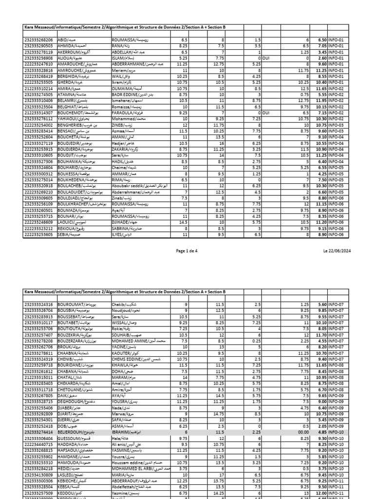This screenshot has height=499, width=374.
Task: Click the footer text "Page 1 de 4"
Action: point(187,250)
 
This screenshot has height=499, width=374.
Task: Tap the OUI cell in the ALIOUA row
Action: point(267,58)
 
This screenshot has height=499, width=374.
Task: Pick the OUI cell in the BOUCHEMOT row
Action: point(267,113)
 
